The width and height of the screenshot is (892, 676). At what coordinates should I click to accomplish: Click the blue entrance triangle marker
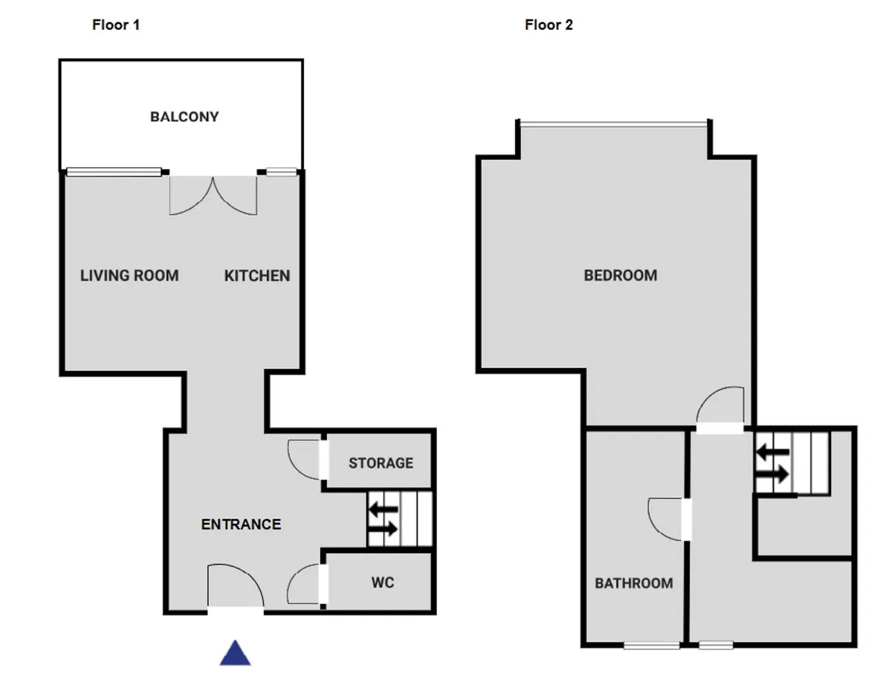(x=235, y=653)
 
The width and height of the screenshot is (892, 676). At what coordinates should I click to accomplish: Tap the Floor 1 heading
(x=116, y=25)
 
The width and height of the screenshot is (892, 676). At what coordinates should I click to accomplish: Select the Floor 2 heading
(x=549, y=25)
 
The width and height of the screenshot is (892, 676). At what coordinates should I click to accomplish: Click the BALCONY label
(x=184, y=117)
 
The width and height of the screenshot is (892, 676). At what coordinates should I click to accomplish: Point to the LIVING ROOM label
(x=129, y=276)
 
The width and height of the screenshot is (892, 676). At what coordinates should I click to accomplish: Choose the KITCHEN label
(x=257, y=276)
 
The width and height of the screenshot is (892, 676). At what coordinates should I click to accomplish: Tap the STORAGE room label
(x=381, y=463)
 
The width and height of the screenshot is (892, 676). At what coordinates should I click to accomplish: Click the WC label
(x=382, y=582)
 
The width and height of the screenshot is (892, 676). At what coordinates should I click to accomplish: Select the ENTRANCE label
(x=241, y=524)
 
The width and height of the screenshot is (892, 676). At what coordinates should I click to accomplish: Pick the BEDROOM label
(x=621, y=276)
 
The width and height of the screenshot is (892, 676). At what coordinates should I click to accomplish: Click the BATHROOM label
(x=634, y=583)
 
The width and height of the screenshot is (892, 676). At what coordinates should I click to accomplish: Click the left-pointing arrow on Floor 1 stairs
(x=384, y=509)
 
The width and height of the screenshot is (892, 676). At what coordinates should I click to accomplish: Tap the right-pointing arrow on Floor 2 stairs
(x=772, y=474)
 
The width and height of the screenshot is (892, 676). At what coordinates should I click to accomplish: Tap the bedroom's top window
(x=614, y=124)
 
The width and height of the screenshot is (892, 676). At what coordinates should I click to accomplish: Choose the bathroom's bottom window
(x=652, y=645)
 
